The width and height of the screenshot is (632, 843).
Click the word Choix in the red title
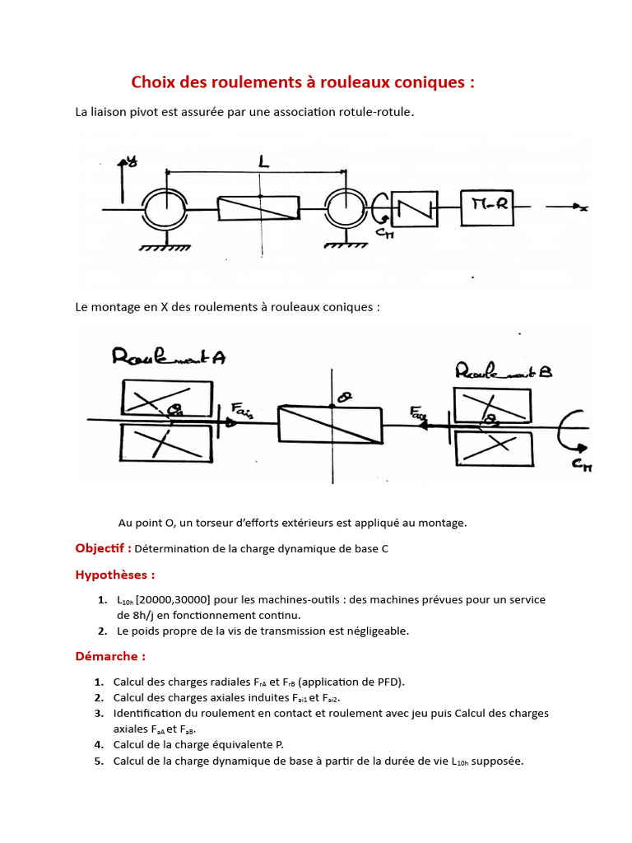(x=153, y=82)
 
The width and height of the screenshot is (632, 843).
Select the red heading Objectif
(x=104, y=548)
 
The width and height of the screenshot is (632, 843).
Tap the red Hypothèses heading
(x=114, y=575)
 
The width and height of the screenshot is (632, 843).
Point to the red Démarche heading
(x=110, y=656)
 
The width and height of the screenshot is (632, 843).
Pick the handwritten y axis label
(x=131, y=161)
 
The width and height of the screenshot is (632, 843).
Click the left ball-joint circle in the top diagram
(x=166, y=209)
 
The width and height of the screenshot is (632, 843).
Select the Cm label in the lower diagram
(x=583, y=467)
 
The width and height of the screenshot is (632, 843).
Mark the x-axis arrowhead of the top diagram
(x=582, y=208)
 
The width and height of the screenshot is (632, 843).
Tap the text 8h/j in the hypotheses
(x=144, y=615)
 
